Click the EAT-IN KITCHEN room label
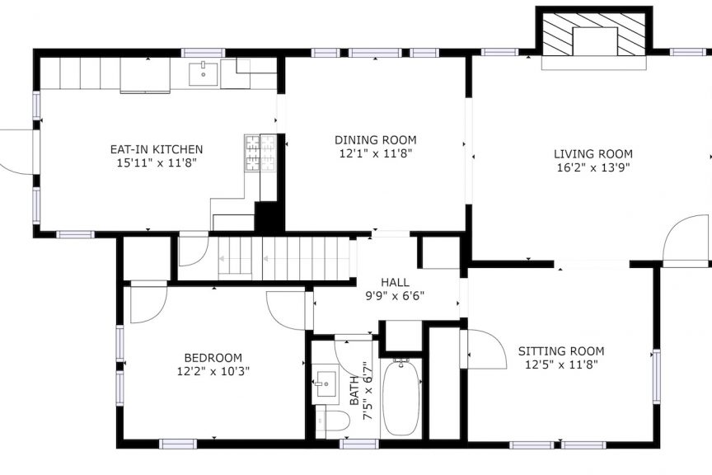157,149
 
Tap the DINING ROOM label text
376,140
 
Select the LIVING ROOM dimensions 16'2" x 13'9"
593,167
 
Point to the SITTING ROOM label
561,351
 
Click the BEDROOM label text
213,358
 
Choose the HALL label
395,282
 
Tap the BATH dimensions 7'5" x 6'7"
368,391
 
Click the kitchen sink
204,73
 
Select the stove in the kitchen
260,153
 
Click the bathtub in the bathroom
401,397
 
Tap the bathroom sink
326,384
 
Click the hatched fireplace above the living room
593,35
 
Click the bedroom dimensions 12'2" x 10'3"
213,371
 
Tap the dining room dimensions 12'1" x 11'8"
376,153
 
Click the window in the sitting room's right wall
657,376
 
